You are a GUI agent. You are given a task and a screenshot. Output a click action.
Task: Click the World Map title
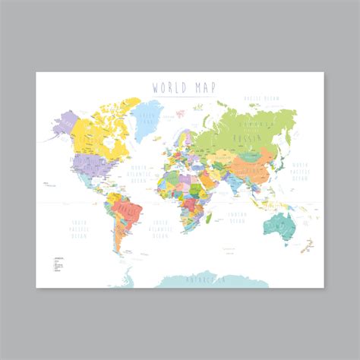click(179, 87)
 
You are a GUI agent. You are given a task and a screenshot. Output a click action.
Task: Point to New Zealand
click(308, 245)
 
